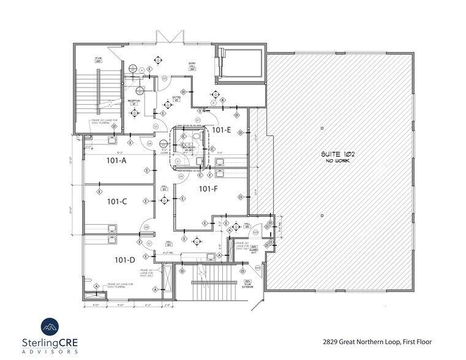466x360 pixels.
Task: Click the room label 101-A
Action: click(116, 162)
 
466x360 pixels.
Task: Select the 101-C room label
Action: click(116, 201)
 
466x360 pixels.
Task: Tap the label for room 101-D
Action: click(124, 260)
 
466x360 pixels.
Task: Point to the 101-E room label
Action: click(221, 130)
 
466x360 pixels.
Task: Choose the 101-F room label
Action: click(208, 189)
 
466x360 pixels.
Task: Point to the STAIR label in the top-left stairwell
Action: click(97, 59)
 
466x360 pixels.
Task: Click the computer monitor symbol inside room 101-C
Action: click(112, 227)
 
